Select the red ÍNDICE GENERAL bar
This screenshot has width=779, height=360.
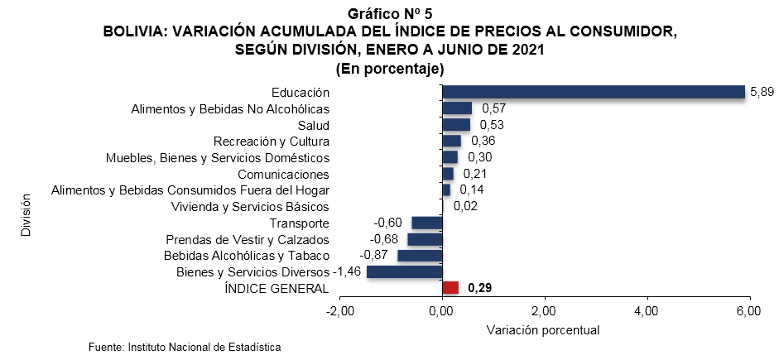coord(450,288)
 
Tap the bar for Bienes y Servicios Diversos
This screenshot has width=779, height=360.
coord(405,272)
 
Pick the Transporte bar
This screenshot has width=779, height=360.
coord(427,223)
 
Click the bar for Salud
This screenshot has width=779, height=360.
coord(456,125)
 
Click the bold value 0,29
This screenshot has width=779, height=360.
coord(480,288)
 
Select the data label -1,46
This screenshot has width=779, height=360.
coord(347,272)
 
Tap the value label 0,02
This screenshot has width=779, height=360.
coord(465,206)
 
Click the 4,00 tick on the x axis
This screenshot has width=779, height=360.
coord(646,311)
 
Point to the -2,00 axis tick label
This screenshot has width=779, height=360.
coord(339,311)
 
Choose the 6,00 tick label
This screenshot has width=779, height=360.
coord(748,311)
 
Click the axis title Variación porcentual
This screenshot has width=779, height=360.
coord(543,329)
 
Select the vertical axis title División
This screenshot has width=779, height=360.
coord(26,216)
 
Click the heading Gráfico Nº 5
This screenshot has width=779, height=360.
coord(390,14)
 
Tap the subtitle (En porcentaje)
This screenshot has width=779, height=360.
coord(390,69)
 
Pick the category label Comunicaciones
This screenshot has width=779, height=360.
coord(283,174)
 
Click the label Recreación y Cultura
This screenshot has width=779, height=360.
coord(272,142)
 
